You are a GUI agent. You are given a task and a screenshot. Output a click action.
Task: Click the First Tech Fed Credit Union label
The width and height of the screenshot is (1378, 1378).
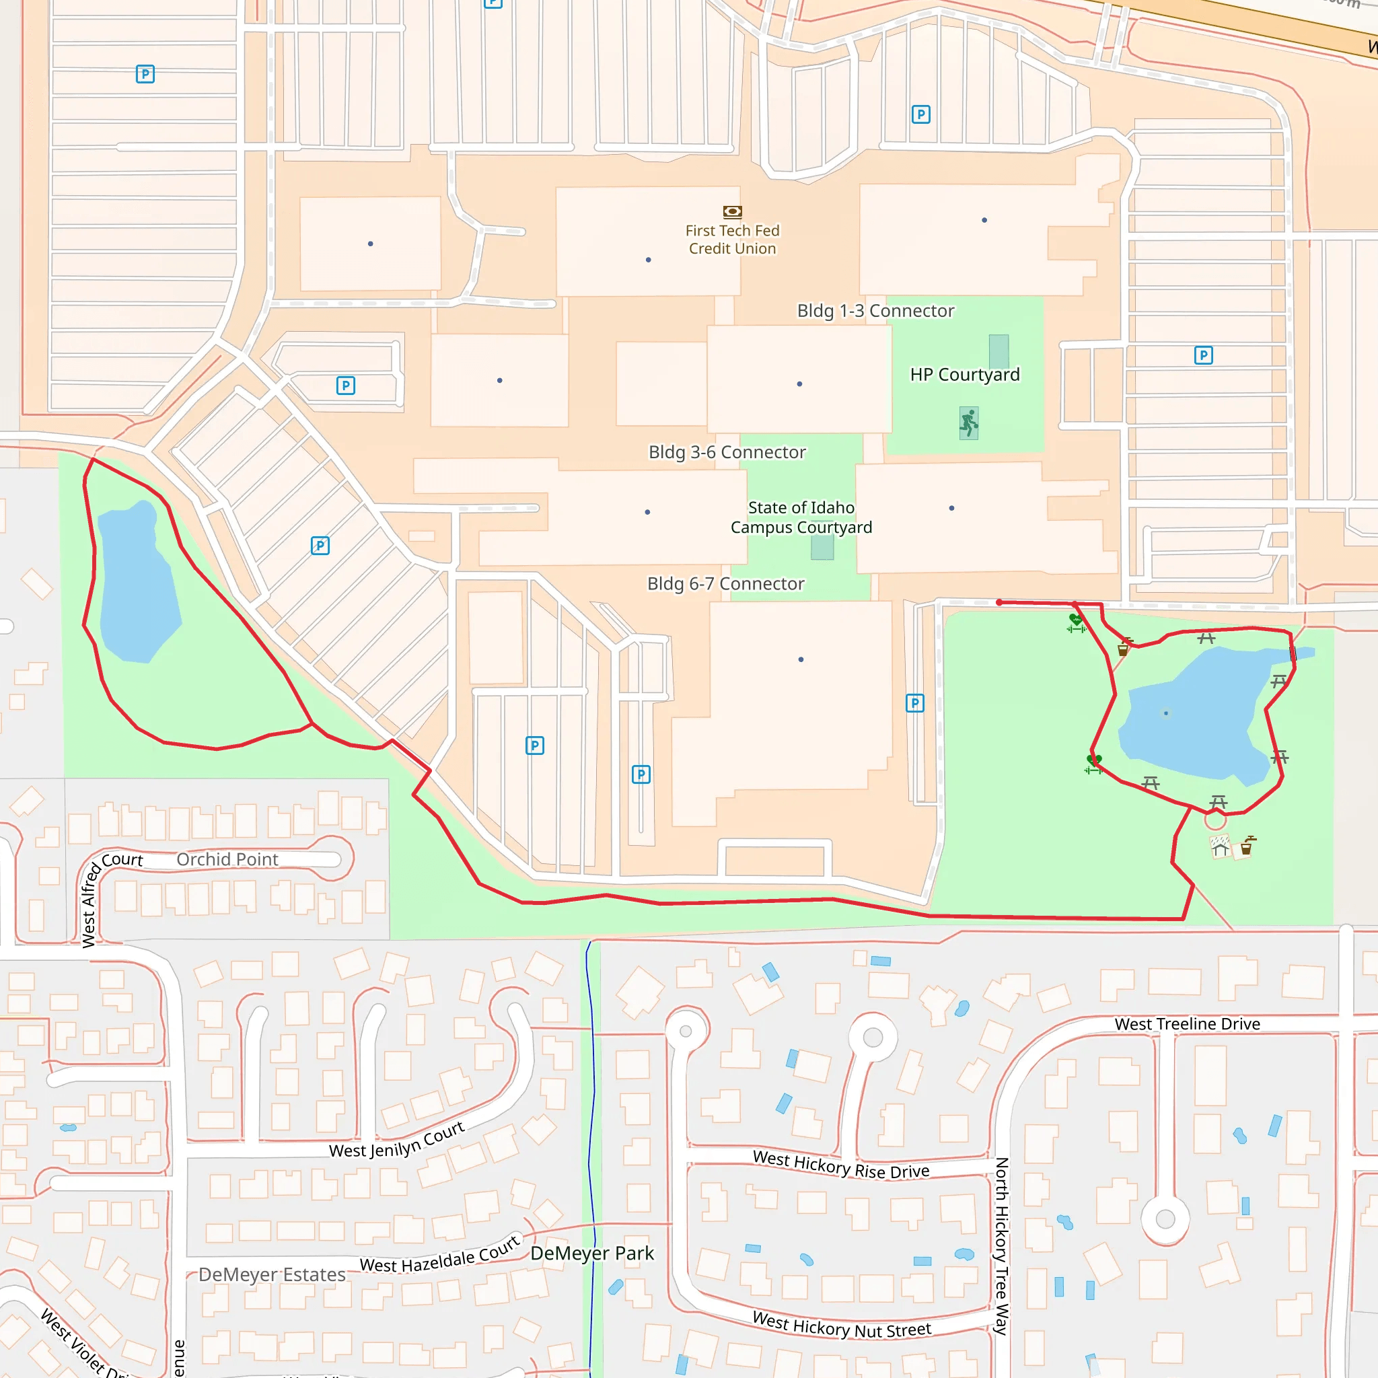click(x=732, y=240)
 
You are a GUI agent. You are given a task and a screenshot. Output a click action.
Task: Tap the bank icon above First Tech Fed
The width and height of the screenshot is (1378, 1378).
click(x=732, y=212)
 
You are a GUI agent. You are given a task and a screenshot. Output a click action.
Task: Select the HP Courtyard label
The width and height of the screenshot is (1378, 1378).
click(x=964, y=375)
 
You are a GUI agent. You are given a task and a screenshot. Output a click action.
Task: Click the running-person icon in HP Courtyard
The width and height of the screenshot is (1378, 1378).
click(x=969, y=423)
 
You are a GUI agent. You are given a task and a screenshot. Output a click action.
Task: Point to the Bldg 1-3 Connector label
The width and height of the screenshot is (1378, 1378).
click(x=875, y=311)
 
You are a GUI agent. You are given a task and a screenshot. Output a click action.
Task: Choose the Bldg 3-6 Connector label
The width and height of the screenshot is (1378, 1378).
click(x=727, y=452)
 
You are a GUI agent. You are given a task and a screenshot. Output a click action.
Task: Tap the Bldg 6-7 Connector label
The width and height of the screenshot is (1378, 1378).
click(x=725, y=583)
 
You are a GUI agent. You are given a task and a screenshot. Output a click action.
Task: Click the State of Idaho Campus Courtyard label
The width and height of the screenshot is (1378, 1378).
click(x=801, y=517)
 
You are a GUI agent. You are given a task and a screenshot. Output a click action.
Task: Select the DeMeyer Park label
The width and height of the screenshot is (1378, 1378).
click(x=592, y=1253)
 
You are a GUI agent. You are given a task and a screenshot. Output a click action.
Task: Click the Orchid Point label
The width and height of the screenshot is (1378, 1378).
click(x=227, y=859)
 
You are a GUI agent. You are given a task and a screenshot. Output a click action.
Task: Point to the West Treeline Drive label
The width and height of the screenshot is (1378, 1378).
click(x=1187, y=1023)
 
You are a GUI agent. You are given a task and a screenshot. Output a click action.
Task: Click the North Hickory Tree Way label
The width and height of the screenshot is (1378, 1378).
click(x=1001, y=1245)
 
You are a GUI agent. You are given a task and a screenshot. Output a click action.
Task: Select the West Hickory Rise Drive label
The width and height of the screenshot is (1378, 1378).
click(x=841, y=1165)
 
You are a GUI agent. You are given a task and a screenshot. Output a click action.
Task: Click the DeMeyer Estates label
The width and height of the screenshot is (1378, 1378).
click(x=272, y=1274)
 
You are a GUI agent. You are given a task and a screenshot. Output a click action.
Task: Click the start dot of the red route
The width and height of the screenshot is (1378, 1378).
click(x=999, y=603)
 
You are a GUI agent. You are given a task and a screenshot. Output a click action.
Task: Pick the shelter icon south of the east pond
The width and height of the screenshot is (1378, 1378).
click(x=1220, y=846)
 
